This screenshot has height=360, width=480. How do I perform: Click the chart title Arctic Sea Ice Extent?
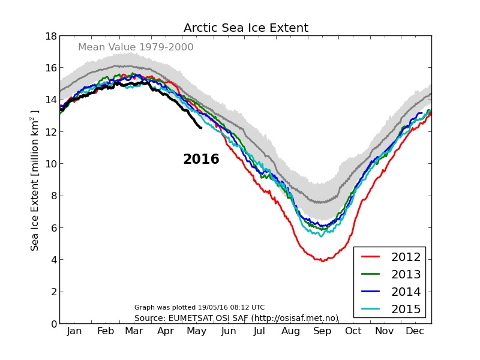(x=245, y=28)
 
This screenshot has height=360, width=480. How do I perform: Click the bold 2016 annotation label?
(x=201, y=160)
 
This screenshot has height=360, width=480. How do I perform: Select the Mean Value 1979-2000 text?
(x=136, y=47)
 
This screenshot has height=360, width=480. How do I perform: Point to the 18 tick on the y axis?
(x=50, y=36)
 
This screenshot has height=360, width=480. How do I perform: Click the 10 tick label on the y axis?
(x=50, y=164)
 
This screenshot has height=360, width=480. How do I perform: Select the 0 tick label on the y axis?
(x=53, y=324)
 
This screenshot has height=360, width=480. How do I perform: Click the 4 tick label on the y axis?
(x=53, y=260)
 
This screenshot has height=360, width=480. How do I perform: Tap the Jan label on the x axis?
(x=74, y=332)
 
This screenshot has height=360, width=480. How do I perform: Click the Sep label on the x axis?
(x=322, y=332)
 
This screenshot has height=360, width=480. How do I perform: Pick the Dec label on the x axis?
(x=416, y=332)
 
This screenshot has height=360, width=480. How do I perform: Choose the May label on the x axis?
(x=197, y=332)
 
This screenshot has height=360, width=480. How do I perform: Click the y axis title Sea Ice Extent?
(x=35, y=180)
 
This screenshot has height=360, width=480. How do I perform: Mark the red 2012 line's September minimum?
(x=322, y=261)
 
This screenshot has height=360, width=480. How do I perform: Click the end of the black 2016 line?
(x=201, y=127)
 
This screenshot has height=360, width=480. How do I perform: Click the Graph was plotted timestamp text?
(x=199, y=307)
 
